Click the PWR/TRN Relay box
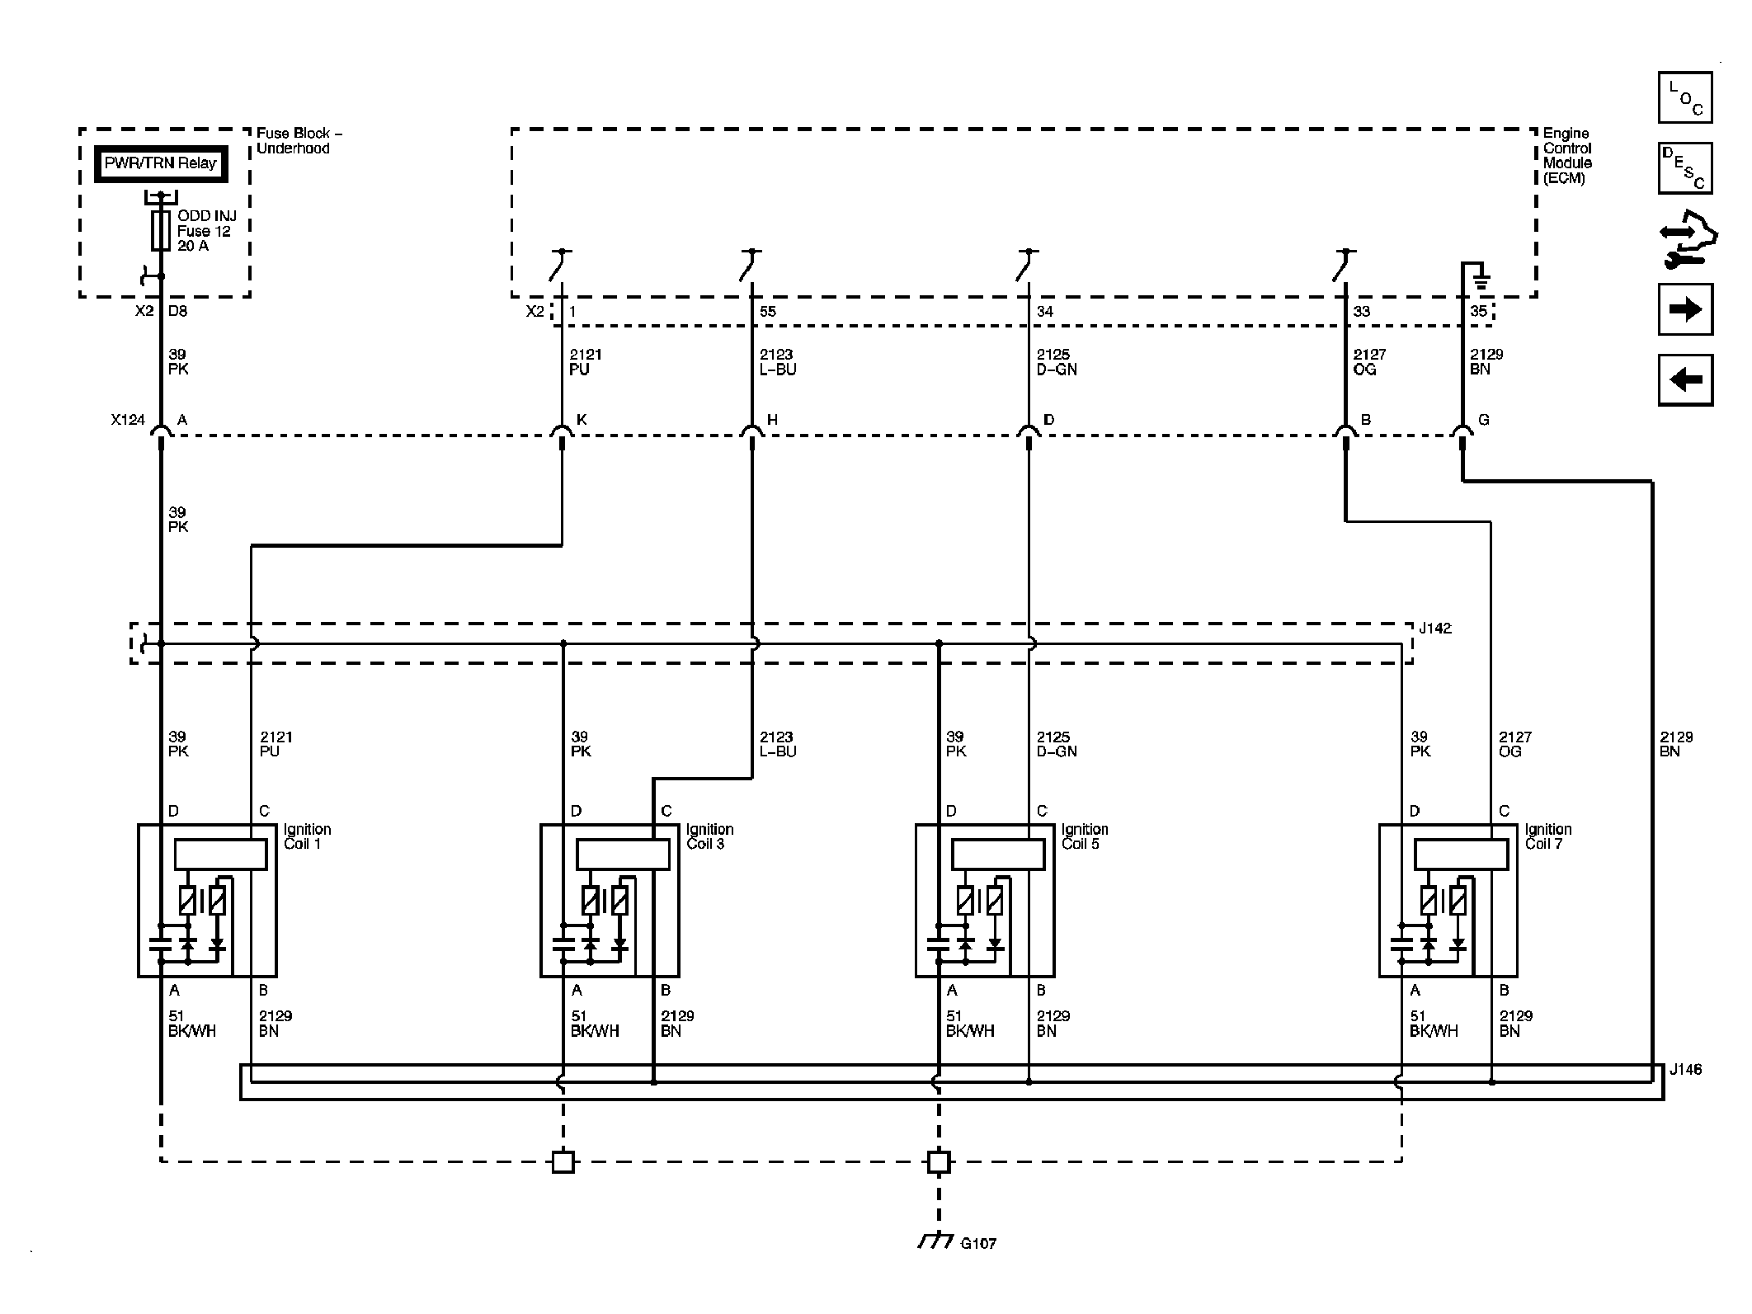[160, 163]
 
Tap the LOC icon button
[1685, 97]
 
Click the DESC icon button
[1685, 168]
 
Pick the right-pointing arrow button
[1685, 309]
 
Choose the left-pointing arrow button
[1685, 379]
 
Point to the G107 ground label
[978, 1243]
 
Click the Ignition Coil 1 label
[307, 836]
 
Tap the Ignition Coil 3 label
[709, 836]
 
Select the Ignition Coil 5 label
[1085, 836]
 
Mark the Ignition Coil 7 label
[1548, 836]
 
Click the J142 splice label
[1435, 629]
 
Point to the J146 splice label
[1685, 1069]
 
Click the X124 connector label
[128, 420]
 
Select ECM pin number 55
[768, 312]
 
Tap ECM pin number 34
[1045, 312]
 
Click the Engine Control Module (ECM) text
[1567, 156]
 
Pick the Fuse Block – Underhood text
[299, 141]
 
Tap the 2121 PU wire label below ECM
[586, 362]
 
